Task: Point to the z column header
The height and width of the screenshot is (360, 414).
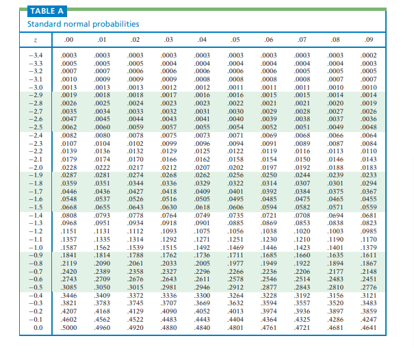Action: (37, 39)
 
